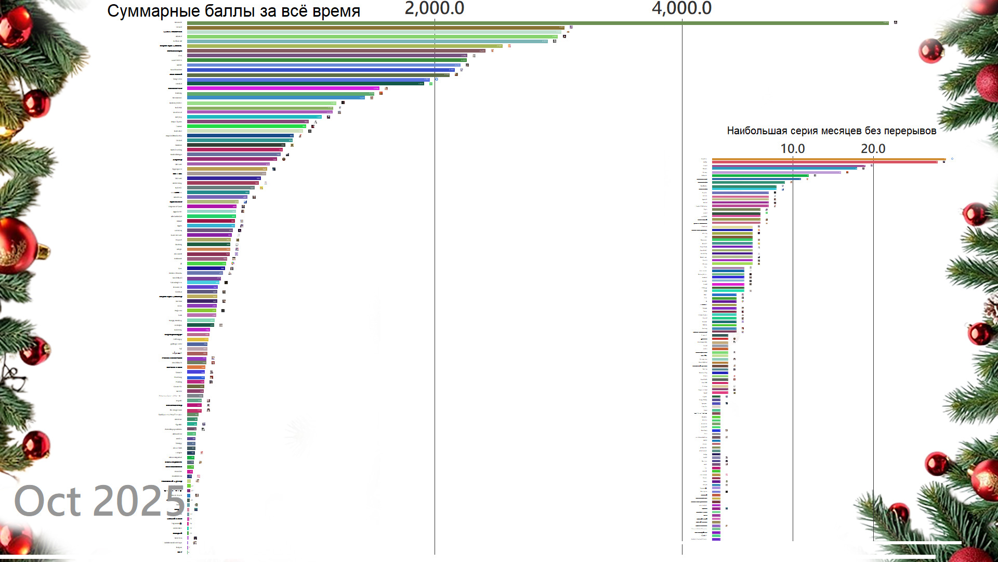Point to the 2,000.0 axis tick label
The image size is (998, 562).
434,8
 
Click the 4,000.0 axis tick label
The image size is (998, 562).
681,8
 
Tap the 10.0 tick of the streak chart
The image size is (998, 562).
792,149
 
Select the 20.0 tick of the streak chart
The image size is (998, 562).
873,149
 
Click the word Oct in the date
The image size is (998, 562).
47,502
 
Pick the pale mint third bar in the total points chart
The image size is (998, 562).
374,32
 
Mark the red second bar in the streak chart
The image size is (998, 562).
824,162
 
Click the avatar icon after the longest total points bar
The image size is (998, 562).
896,22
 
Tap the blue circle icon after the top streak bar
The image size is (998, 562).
952,159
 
